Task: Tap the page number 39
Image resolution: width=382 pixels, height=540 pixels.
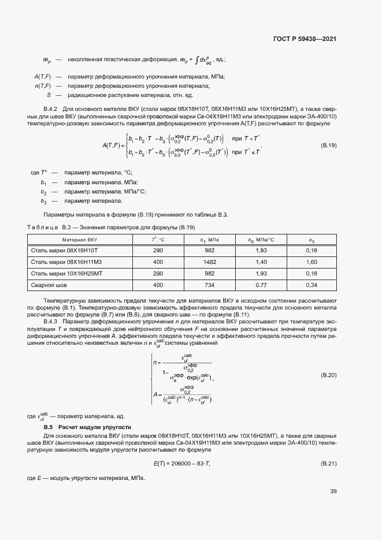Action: (x=333, y=491)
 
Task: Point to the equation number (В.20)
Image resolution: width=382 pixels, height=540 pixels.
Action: (x=328, y=375)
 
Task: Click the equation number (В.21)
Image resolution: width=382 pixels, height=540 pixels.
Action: (x=328, y=464)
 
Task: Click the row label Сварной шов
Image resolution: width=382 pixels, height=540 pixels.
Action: (x=49, y=285)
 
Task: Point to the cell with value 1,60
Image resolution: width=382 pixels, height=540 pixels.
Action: (x=311, y=262)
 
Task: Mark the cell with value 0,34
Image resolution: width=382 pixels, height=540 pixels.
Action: (x=311, y=285)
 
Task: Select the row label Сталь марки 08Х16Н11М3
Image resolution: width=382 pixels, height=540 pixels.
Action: (x=65, y=262)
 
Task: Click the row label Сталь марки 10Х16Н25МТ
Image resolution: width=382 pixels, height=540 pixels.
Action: (x=66, y=274)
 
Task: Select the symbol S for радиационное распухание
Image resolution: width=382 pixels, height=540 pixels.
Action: (x=49, y=95)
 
